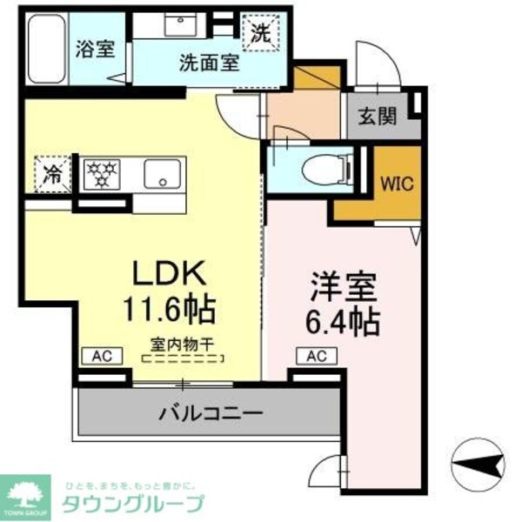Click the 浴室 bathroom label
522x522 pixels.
point(95,50)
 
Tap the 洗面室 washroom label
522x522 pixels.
point(210,63)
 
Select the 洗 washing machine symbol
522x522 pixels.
point(261,33)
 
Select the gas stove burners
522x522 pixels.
point(105,172)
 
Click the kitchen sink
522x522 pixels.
point(163,174)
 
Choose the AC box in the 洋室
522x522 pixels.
point(317,356)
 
